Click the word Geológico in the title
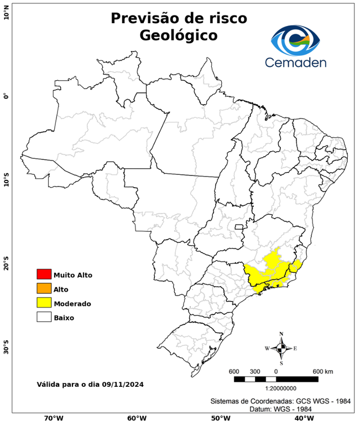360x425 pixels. (x=179, y=35)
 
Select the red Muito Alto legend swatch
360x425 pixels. (x=44, y=274)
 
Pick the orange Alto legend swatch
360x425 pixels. (x=44, y=289)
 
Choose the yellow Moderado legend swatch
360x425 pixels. (x=44, y=303)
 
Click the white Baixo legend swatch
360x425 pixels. (x=44, y=318)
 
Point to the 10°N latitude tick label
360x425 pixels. (x=6, y=12)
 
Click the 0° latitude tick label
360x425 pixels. (x=6, y=96)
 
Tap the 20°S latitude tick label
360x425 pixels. (x=6, y=264)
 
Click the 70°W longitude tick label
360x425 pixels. (x=53, y=418)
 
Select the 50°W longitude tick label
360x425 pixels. (x=219, y=418)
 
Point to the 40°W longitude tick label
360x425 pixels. (x=302, y=418)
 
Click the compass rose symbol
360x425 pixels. (x=281, y=348)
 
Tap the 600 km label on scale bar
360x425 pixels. (x=323, y=371)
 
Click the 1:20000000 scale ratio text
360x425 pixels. (x=276, y=388)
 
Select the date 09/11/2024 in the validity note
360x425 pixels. (x=123, y=384)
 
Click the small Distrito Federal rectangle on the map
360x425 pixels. (x=239, y=226)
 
